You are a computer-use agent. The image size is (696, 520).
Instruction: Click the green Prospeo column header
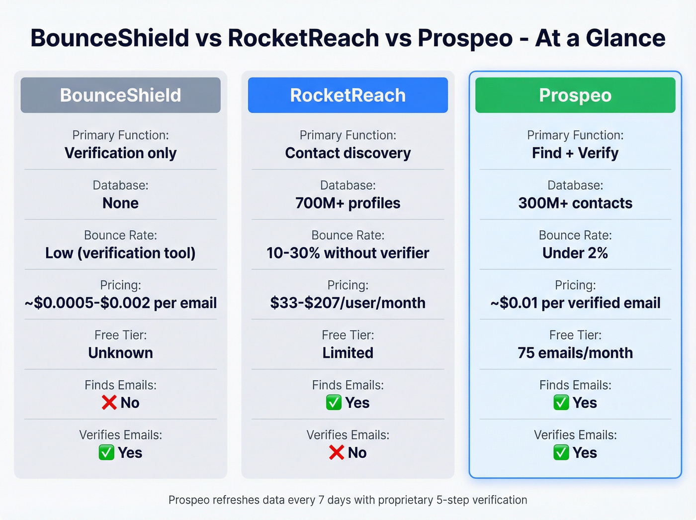click(575, 95)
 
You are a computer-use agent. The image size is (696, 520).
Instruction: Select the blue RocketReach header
click(348, 95)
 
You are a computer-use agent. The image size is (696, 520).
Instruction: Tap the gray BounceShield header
click(120, 95)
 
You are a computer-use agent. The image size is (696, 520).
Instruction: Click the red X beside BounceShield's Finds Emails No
click(109, 403)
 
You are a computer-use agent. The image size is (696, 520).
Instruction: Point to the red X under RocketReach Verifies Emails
click(337, 452)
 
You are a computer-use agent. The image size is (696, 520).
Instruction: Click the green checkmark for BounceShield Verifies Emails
click(106, 452)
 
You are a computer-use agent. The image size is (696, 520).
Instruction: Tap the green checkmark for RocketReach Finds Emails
click(334, 403)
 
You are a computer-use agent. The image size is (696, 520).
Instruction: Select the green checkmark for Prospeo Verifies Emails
click(561, 452)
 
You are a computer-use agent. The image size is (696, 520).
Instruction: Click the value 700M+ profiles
click(348, 203)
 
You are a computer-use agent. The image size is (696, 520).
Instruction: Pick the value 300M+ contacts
click(575, 203)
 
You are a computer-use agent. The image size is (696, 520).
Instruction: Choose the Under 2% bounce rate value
click(575, 253)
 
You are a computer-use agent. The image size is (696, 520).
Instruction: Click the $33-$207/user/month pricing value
click(348, 303)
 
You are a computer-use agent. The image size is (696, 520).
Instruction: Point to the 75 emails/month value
click(575, 353)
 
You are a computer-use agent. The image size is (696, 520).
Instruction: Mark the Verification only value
click(120, 153)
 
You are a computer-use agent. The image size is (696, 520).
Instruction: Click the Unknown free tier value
click(120, 353)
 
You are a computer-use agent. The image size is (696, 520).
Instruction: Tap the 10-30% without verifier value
click(348, 253)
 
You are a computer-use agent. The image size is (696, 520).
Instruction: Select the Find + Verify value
click(575, 153)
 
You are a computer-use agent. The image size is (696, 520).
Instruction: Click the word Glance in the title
click(625, 38)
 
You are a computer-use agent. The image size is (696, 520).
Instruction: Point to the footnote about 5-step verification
click(348, 500)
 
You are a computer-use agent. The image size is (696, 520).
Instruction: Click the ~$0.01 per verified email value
click(575, 303)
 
